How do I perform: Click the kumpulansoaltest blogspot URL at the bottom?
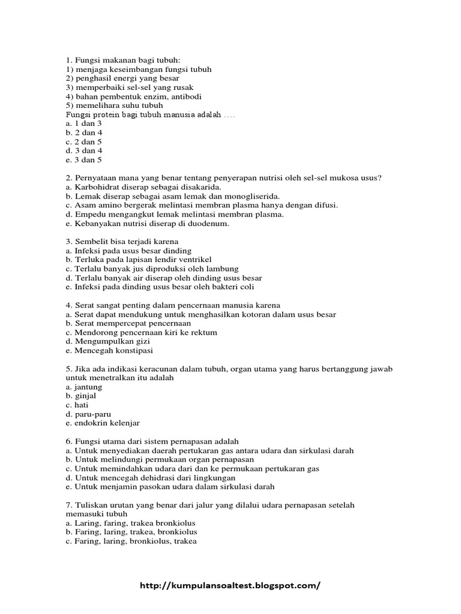[230, 586]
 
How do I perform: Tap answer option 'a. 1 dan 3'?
[84, 123]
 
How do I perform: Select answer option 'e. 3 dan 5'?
[84, 160]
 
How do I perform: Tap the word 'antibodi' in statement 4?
[187, 96]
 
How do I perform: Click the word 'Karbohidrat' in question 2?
[97, 186]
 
